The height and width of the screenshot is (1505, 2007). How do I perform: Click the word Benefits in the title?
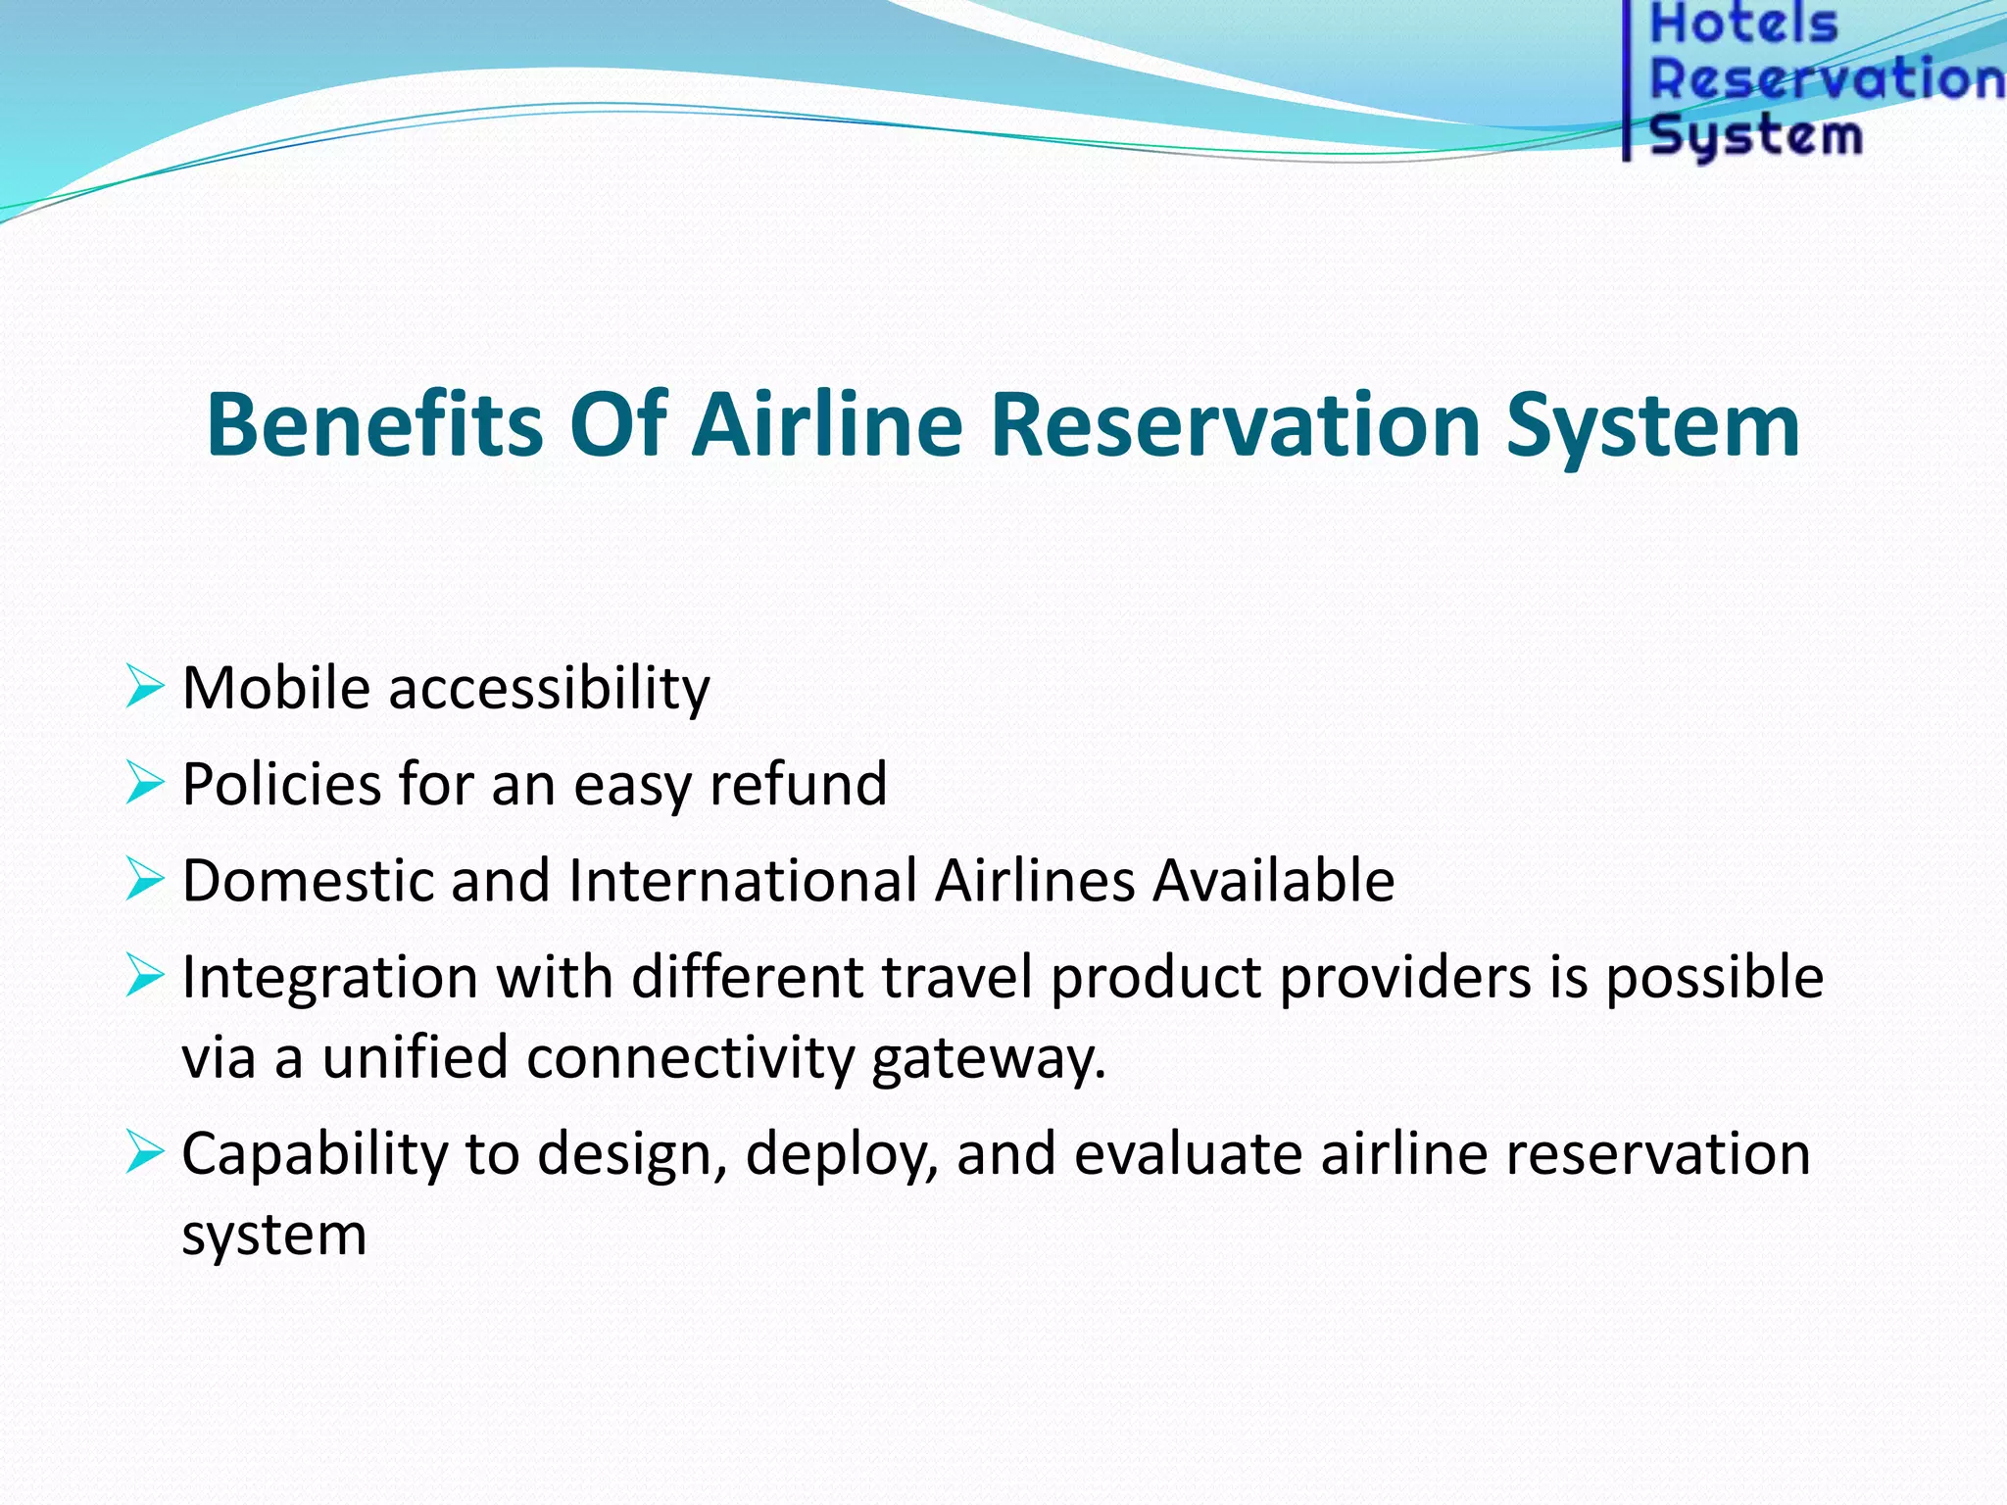[x=374, y=424]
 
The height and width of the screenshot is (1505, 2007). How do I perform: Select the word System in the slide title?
[x=1652, y=424]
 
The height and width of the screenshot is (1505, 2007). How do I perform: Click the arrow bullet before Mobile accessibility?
[x=144, y=687]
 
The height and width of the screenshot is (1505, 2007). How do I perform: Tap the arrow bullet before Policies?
[x=144, y=783]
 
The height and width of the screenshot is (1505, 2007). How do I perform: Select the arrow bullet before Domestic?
[x=144, y=879]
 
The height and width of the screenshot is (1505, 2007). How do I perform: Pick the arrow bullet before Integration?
[x=144, y=976]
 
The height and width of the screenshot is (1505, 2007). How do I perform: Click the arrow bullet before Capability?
[x=144, y=1152]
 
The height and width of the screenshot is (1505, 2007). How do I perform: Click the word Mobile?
[x=275, y=687]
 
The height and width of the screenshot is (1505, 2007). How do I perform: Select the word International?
[x=742, y=880]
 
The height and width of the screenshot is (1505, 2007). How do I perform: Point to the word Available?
[x=1273, y=880]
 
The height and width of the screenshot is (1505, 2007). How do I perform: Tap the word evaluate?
[x=1188, y=1153]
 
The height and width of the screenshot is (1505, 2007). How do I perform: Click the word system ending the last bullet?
[x=273, y=1235]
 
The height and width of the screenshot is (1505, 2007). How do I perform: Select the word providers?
[x=1405, y=978]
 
